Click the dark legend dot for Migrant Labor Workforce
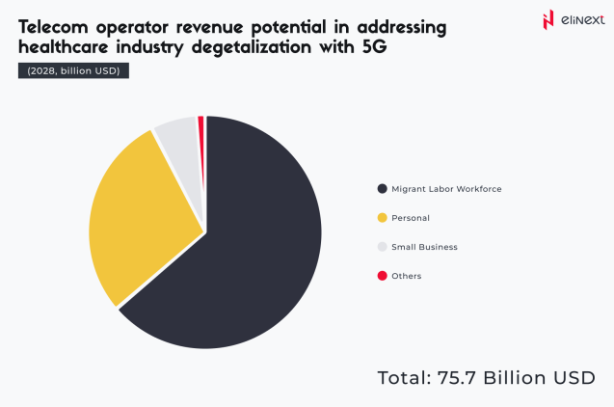pos(382,188)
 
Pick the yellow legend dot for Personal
pos(382,218)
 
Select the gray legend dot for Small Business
pos(382,247)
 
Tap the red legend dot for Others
pos(382,276)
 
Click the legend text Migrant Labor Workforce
pos(446,188)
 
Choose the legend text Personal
pos(411,218)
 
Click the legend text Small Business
pos(424,247)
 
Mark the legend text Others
pos(406,276)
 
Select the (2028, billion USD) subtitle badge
pos(72,70)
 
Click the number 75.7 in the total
pos(451,377)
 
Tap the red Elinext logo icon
pos(549,19)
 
